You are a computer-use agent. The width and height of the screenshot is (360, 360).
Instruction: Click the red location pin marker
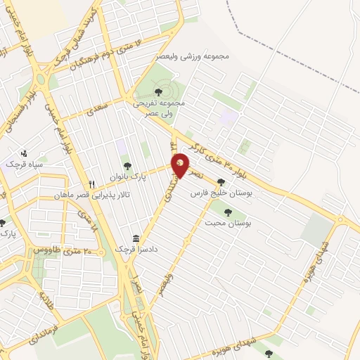pos(181,165)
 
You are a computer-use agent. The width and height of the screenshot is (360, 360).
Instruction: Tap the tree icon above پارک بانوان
pos(127,166)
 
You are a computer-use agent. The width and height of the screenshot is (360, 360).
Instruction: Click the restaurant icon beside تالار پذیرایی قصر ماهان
pos(91,185)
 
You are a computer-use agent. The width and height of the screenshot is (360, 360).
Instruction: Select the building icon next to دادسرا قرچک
pos(136,239)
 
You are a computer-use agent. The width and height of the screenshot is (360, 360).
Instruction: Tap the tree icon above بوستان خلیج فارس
pos(221,181)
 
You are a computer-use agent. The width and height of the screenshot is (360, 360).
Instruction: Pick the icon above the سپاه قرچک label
pos(25,153)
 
